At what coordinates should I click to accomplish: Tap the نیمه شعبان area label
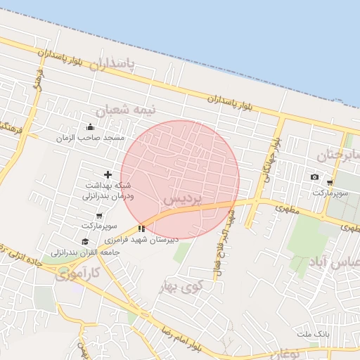pos(127,110)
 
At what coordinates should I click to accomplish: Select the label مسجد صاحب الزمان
pos(90,138)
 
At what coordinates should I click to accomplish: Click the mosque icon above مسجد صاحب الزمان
pos(90,127)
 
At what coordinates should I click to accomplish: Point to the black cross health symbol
pos(108,174)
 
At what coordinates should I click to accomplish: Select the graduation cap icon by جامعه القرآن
pos(85,241)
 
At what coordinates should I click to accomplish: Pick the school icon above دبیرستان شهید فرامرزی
pos(141,229)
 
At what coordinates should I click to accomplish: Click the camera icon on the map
pos(314,176)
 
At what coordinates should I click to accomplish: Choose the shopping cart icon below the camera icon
pos(329,183)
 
